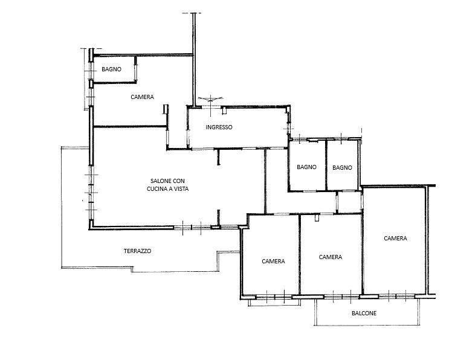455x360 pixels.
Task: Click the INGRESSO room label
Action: (x=219, y=127)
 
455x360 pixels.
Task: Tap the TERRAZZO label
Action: (x=137, y=251)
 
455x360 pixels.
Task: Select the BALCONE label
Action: (x=364, y=313)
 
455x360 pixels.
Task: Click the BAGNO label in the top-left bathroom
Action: (x=111, y=69)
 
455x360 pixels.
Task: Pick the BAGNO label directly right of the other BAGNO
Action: (x=342, y=167)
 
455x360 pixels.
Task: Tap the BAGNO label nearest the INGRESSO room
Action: (x=306, y=167)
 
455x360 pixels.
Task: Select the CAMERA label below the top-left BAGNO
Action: (x=142, y=97)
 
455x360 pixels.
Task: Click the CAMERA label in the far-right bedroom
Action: (x=395, y=238)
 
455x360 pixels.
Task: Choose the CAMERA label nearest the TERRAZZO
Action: (x=273, y=262)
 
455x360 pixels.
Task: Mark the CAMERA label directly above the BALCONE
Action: (x=331, y=257)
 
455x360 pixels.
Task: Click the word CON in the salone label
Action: (x=179, y=181)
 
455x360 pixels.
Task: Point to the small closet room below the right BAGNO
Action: (x=350, y=202)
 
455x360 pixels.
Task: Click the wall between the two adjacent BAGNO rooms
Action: (x=326, y=165)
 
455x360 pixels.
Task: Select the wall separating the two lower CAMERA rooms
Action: (x=300, y=255)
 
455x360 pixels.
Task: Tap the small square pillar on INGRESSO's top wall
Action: (x=224, y=111)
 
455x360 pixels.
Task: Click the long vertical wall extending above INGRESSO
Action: (x=194, y=60)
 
